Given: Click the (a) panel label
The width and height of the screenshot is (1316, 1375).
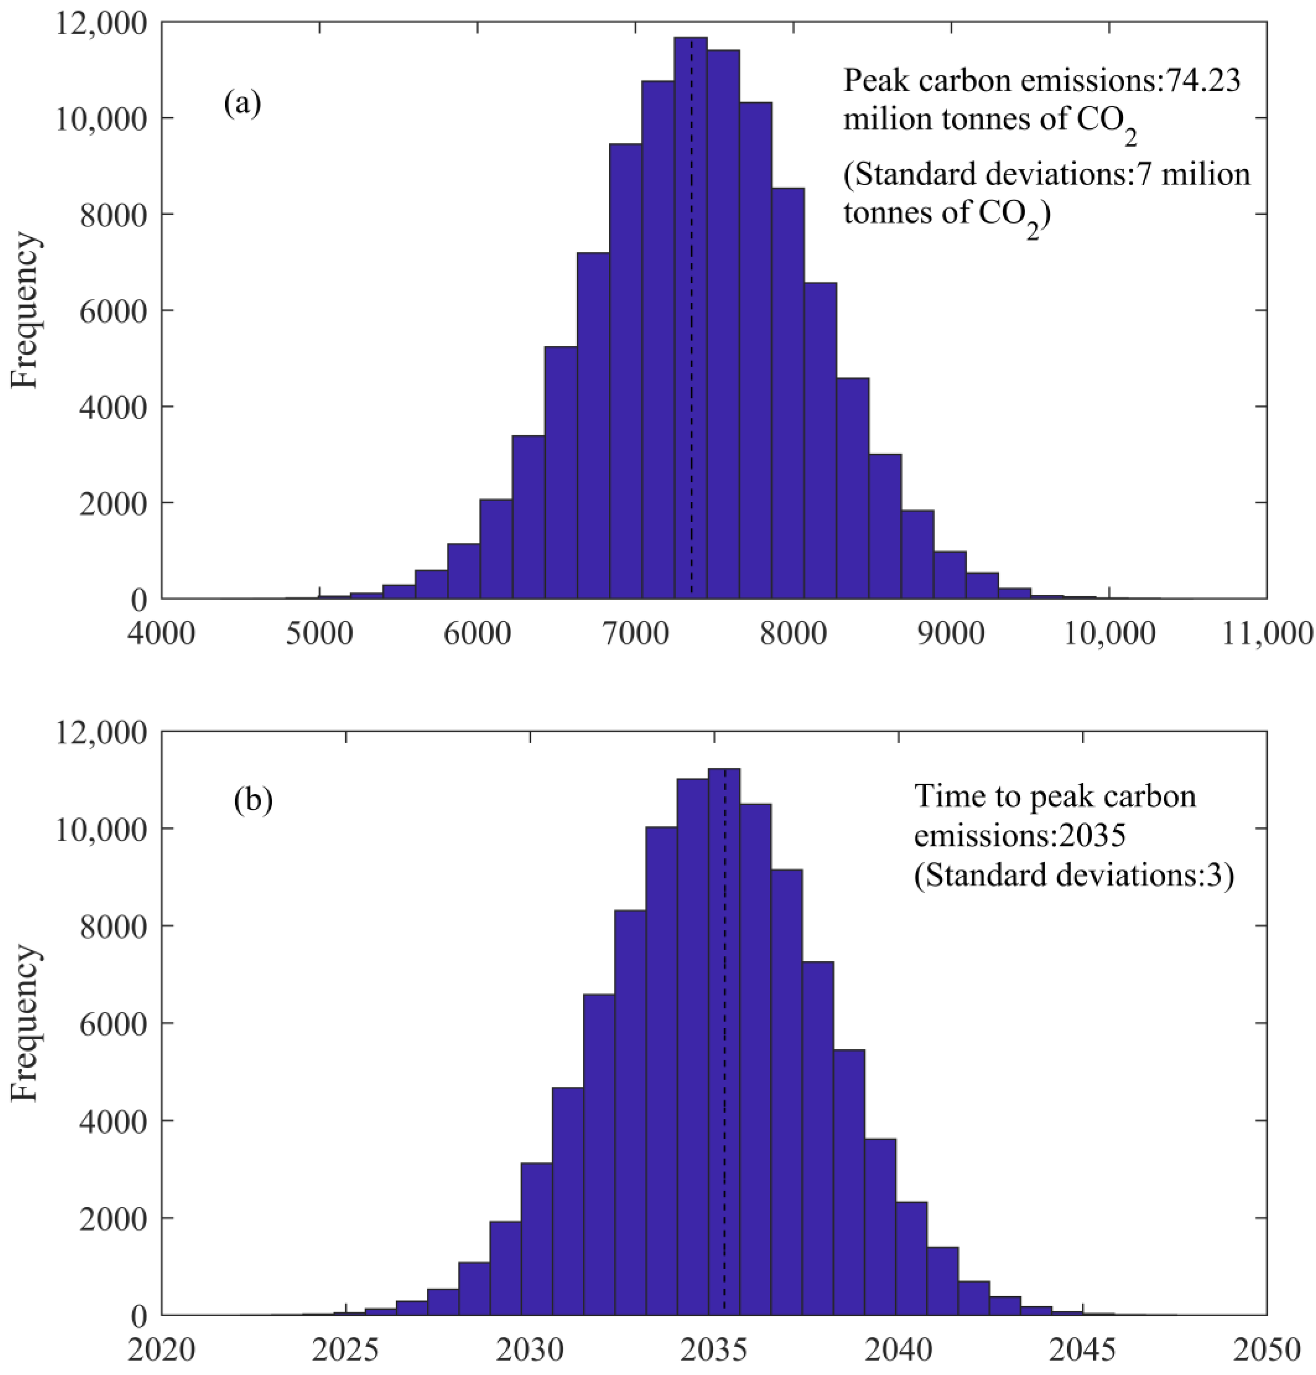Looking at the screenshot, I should [x=242, y=104].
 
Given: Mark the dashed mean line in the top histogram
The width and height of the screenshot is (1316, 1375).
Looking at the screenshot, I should [x=692, y=351].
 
